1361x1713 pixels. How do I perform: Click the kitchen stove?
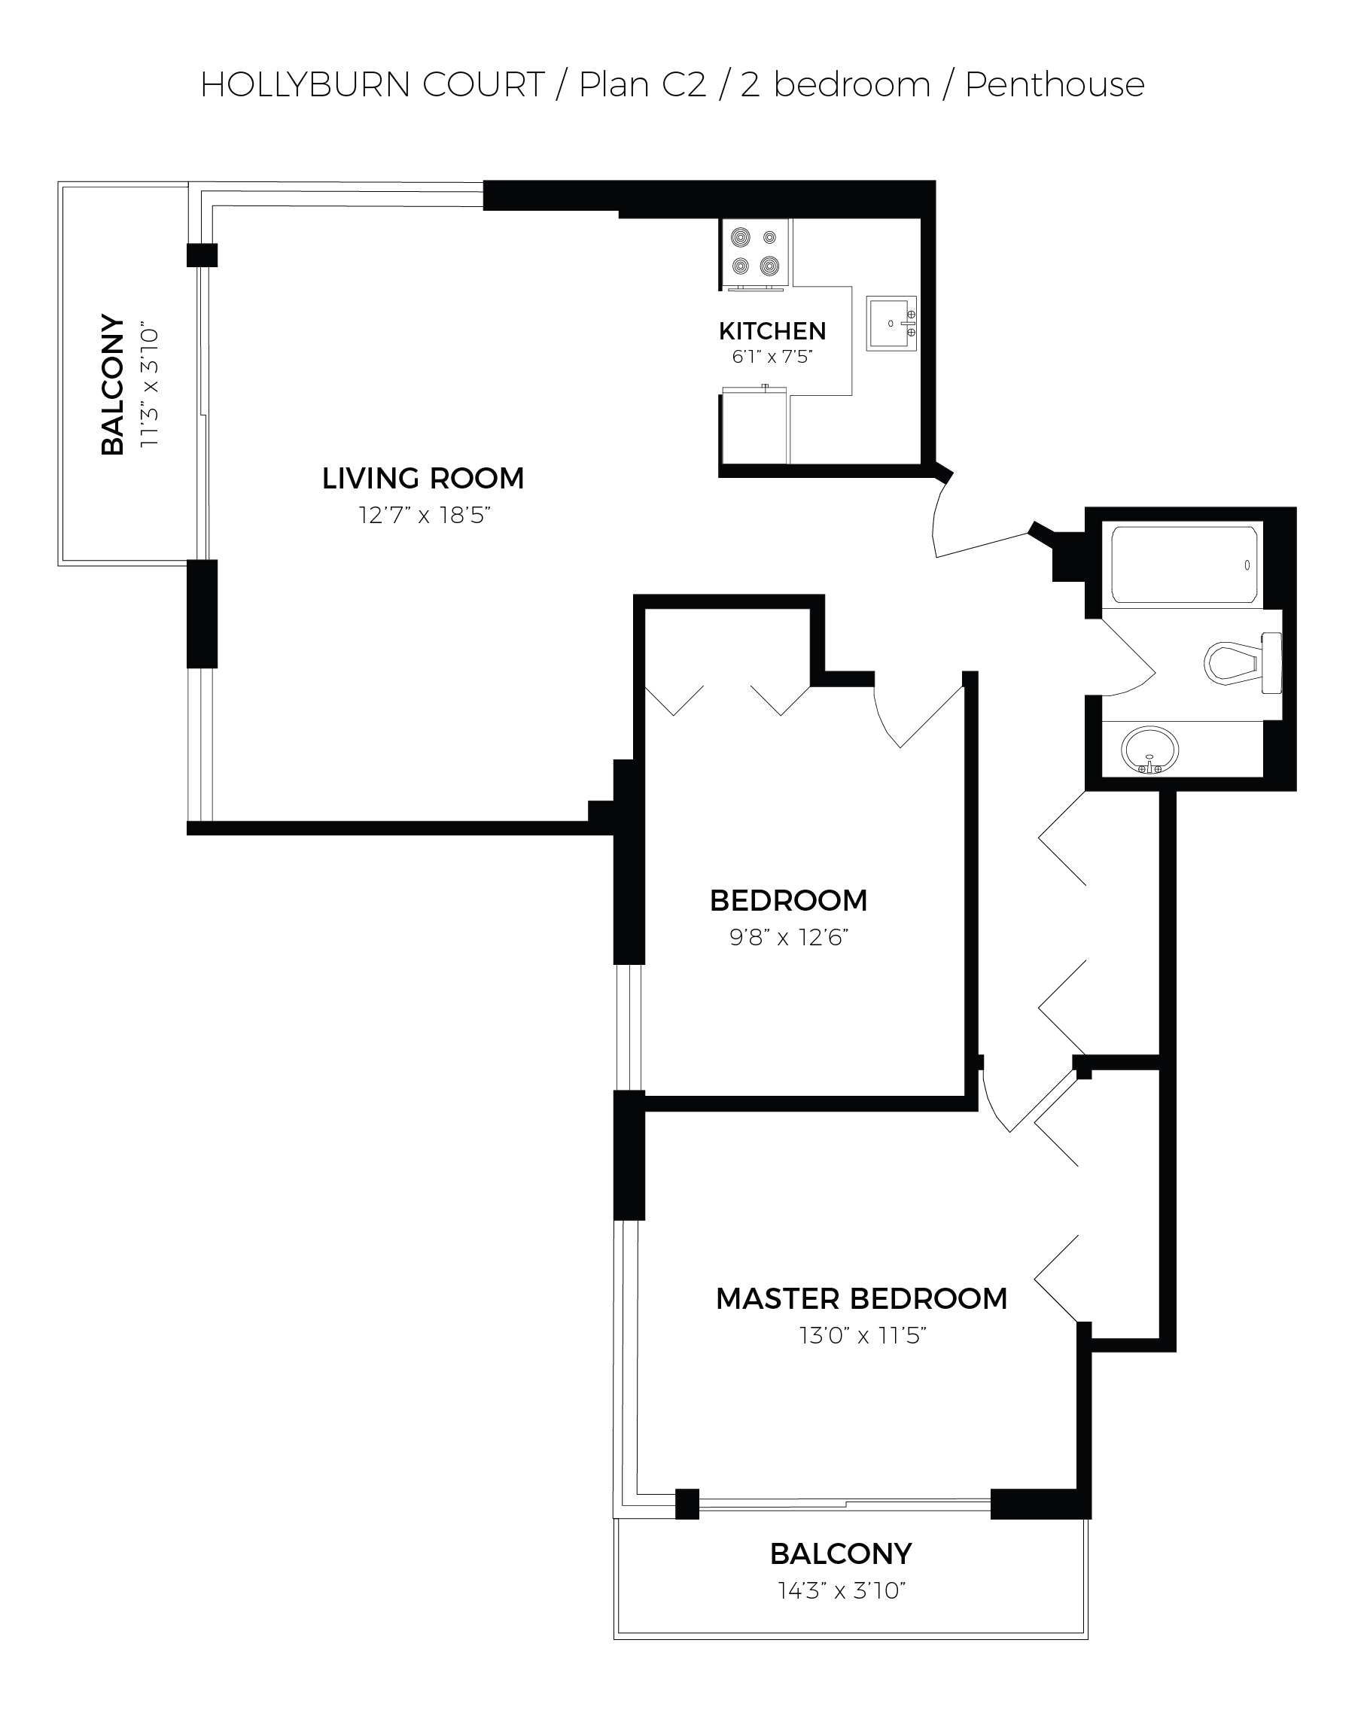point(755,254)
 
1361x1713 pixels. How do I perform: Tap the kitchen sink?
point(891,324)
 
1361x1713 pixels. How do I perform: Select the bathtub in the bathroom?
point(1184,564)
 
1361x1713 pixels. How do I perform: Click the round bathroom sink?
point(1149,750)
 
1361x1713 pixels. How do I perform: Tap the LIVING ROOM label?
point(423,479)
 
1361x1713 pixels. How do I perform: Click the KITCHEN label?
point(772,330)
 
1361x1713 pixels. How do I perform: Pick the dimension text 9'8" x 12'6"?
point(789,938)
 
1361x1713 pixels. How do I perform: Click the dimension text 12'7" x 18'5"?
point(425,515)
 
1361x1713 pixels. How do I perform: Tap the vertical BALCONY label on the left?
point(113,385)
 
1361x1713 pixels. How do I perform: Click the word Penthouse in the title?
point(1055,84)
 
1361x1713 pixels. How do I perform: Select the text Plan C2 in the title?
point(642,84)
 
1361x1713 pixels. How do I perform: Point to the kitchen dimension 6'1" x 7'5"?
point(772,356)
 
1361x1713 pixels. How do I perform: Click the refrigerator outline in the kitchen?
point(754,425)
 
